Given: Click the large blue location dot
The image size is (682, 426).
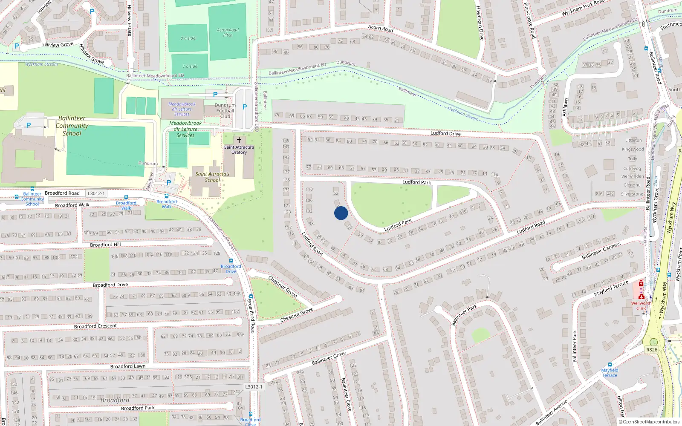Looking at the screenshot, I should point(341,213).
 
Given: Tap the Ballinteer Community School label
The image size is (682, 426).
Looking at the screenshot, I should point(72,126).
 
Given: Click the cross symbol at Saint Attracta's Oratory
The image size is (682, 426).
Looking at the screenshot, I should point(239,140).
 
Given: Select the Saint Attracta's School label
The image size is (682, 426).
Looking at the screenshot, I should point(212,177).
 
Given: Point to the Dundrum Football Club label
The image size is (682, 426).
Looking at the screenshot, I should point(225,111).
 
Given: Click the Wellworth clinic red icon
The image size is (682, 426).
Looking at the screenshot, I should point(641,283).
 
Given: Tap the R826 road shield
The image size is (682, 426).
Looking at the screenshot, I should point(652,350).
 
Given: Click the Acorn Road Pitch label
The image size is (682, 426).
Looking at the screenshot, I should point(228,32).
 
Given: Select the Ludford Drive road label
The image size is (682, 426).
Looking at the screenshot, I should point(445,133).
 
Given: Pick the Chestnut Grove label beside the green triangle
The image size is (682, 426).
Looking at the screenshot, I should point(297,315).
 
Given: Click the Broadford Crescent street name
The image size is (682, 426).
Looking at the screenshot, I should point(95,326).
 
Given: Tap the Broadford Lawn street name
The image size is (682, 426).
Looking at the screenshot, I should point(128,366).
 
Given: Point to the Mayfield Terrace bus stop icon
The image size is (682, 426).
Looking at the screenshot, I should point(610,365).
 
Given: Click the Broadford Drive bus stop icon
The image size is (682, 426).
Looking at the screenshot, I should point(231,261).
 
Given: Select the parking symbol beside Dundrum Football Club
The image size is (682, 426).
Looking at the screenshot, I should point(245,107).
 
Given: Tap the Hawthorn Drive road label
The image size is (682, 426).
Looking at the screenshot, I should point(480,23).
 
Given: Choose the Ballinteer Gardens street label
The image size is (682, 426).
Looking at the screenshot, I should point(601,251).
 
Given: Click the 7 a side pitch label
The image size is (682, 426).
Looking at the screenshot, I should point(190,66).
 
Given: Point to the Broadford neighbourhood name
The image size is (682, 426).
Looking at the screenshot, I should point(115,400).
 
